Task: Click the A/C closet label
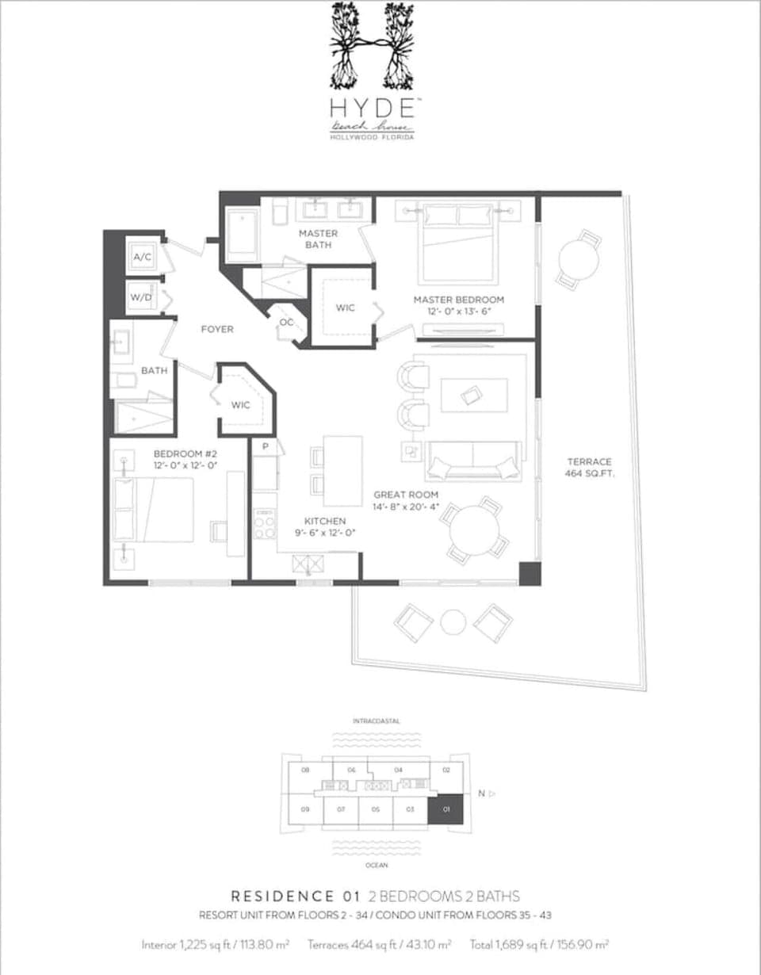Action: point(143,257)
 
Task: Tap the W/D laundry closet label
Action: point(143,297)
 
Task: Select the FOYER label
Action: point(216,329)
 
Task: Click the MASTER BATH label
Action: point(318,239)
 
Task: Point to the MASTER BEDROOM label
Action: point(458,300)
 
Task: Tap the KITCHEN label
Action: point(326,521)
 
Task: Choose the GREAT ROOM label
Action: point(406,495)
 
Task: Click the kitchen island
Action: point(342,471)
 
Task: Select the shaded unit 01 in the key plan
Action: point(446,809)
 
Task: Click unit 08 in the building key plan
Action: point(305,770)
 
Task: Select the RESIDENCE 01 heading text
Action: point(293,897)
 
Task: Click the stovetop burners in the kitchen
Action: point(264,524)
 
